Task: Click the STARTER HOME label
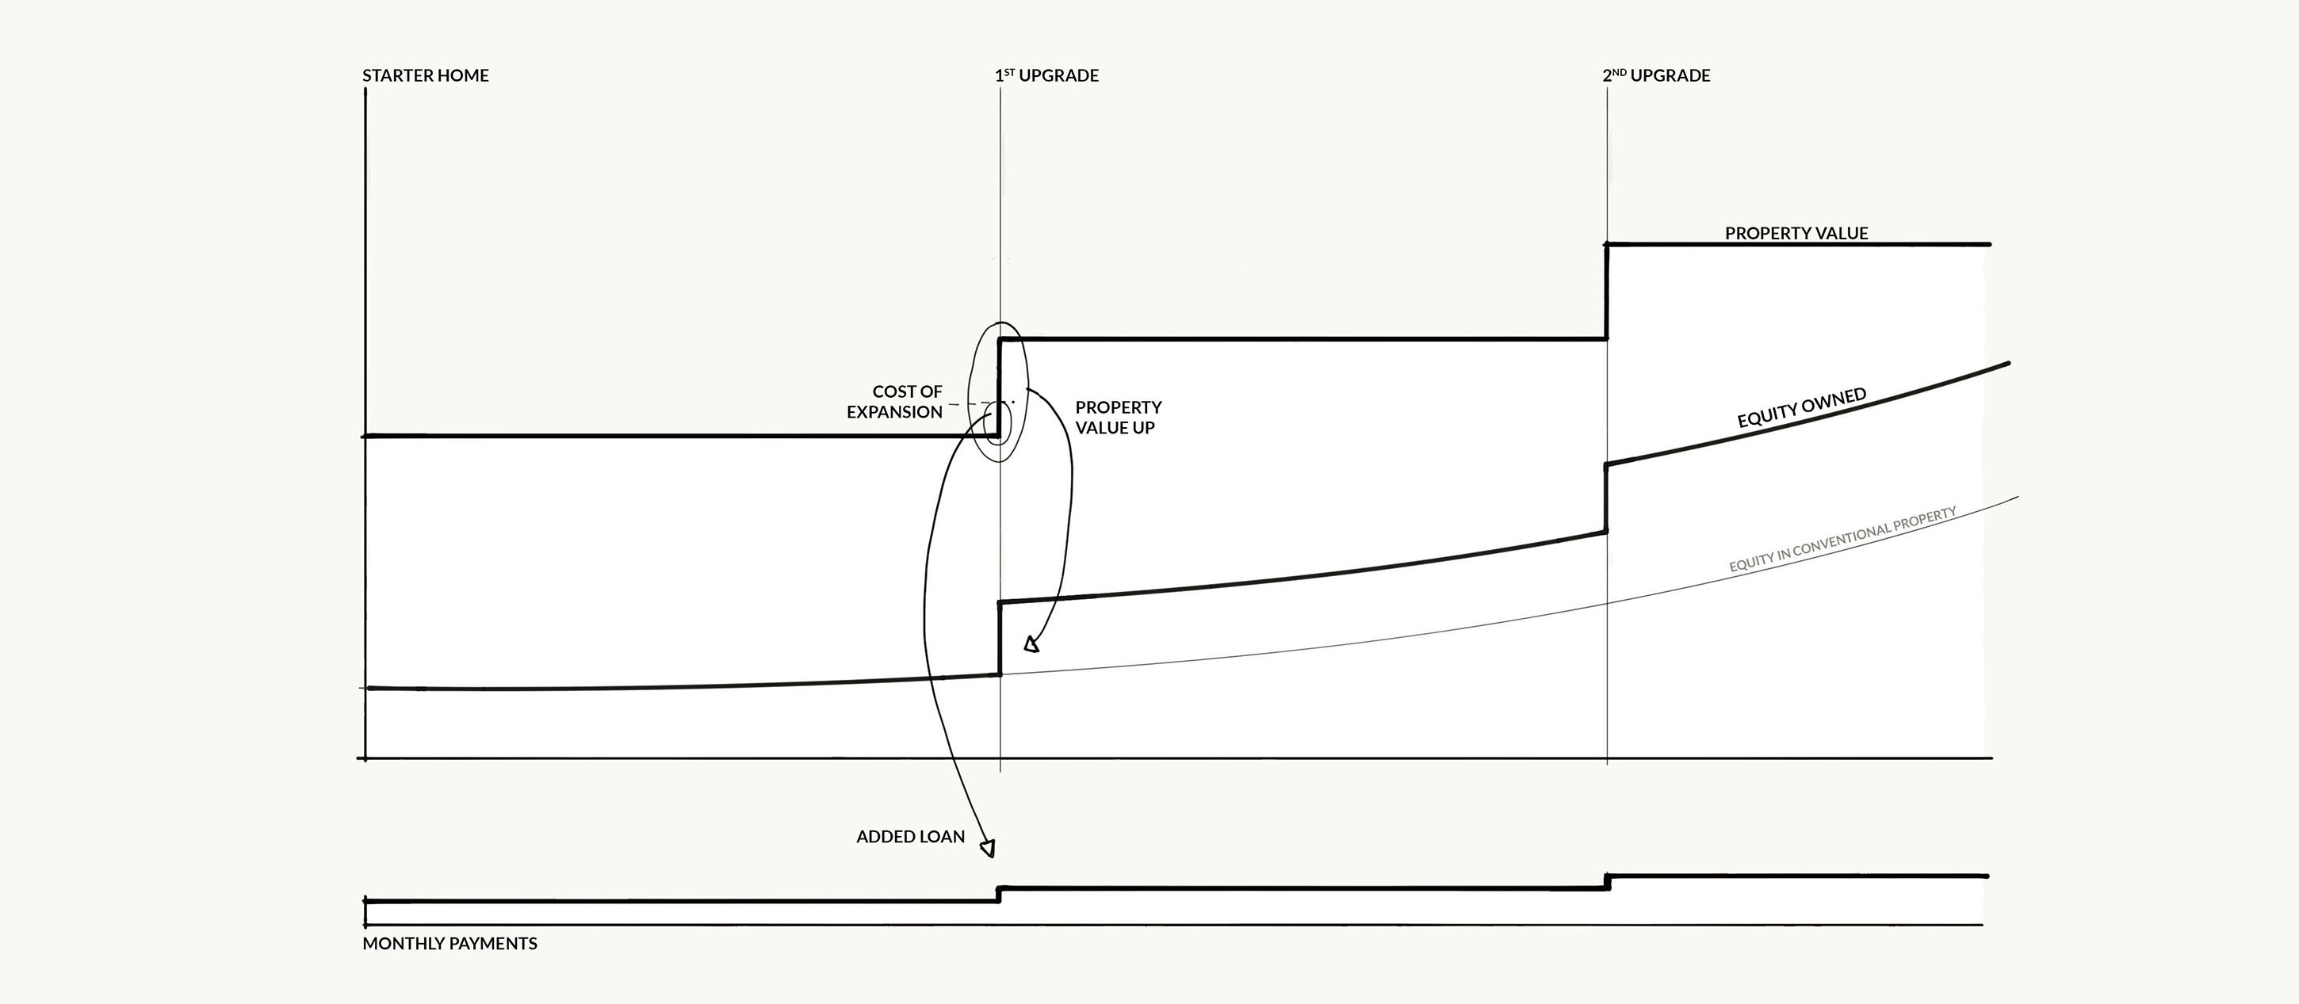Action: tap(425, 76)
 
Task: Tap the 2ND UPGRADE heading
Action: tap(1655, 76)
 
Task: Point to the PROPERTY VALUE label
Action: tap(1796, 233)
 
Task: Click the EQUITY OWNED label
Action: tap(1801, 408)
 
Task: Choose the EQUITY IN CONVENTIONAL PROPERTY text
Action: tap(1842, 539)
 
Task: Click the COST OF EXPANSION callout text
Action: tap(895, 402)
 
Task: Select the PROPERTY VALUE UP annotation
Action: tap(1117, 417)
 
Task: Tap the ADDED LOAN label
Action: tap(910, 837)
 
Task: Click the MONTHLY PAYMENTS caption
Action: tap(449, 943)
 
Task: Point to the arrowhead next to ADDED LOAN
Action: tap(987, 848)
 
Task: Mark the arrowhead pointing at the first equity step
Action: tap(1031, 643)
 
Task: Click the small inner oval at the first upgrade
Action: tap(996, 424)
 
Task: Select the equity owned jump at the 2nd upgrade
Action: tap(1606, 498)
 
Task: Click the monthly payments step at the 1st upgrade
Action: tap(999, 894)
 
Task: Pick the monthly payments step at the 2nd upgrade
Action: tap(1608, 882)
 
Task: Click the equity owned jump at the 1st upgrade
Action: tap(1000, 638)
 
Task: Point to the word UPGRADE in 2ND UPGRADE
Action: tap(1670, 76)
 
